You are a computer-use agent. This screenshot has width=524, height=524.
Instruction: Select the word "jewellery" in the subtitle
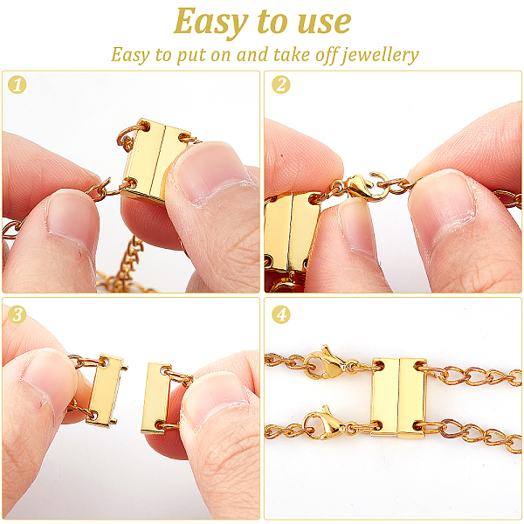380,55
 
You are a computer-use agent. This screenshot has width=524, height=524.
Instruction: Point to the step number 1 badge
17,85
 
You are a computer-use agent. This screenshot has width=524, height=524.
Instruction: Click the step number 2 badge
281,85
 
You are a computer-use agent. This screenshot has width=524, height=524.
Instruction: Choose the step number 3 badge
17,314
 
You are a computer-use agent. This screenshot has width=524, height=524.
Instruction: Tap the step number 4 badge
281,314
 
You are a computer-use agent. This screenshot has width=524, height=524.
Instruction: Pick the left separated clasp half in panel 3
106,391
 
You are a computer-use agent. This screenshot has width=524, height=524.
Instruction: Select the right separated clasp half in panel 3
157,397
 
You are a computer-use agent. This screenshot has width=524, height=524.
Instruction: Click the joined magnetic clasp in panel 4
399,397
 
